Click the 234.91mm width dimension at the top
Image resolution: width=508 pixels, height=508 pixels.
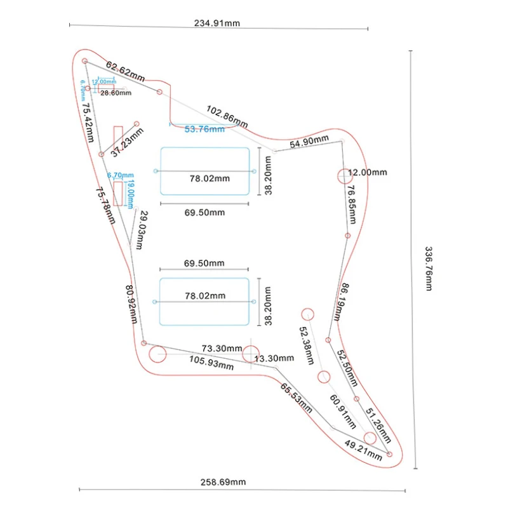[x=217, y=23]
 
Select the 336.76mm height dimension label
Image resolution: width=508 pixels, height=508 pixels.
[x=428, y=268]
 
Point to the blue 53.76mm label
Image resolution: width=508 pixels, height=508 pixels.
[x=204, y=130]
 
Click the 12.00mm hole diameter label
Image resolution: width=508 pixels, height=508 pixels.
[x=366, y=172]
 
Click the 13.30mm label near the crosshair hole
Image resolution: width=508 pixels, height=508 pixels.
[x=275, y=359]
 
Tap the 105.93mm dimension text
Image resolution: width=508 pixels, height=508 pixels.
[x=211, y=363]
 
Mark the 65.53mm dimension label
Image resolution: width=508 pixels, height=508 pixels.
[x=297, y=398]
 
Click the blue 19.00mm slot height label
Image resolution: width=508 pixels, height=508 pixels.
[x=131, y=193]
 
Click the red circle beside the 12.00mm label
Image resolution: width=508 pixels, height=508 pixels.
[x=343, y=175]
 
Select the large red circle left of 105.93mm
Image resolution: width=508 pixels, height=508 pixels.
[x=157, y=353]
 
